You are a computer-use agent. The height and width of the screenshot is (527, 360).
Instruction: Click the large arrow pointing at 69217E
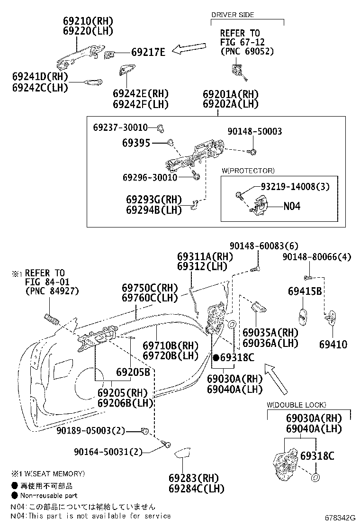pos(191,49)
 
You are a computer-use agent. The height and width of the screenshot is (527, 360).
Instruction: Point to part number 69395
pos(136,142)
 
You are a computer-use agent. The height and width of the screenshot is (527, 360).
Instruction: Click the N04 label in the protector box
pos(292,206)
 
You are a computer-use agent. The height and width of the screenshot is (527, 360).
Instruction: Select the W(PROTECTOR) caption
pos(248,171)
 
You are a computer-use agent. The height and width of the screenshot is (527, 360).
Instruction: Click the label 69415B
pos(305,291)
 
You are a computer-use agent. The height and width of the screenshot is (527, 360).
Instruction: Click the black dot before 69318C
pos(216,357)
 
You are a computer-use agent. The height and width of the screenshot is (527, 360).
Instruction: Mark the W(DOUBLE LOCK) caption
pos(296,405)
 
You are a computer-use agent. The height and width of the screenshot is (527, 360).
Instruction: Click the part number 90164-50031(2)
pos(108,452)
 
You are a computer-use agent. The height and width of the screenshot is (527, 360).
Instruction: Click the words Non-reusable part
pos(49,496)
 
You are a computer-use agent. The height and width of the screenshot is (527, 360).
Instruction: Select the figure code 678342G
pos(339,518)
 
